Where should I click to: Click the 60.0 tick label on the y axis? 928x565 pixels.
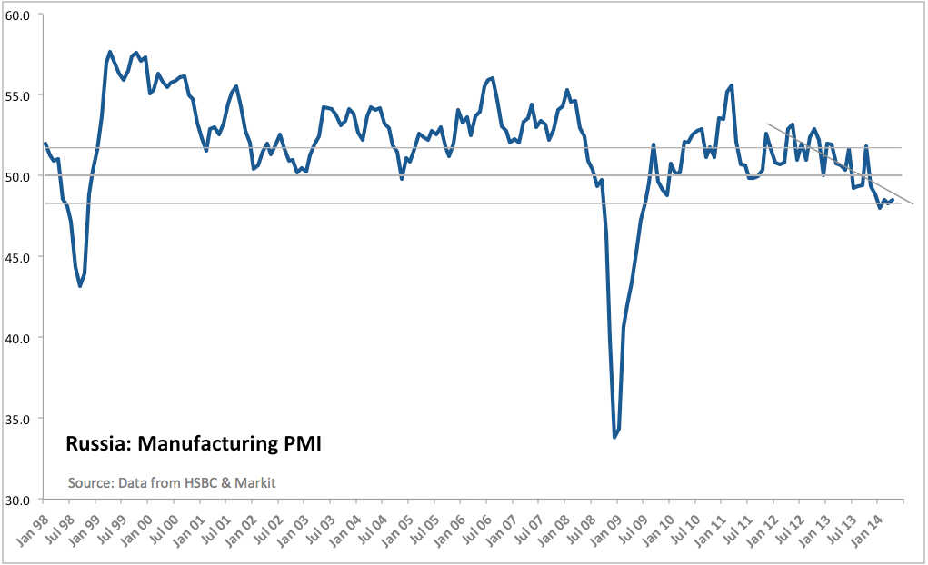point(19,15)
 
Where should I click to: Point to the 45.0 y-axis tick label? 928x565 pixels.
point(19,257)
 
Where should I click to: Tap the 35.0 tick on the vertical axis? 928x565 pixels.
point(19,419)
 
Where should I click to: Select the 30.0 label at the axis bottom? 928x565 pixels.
point(19,500)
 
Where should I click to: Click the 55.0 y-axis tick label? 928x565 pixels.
point(19,95)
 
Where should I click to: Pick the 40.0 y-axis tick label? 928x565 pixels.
point(19,338)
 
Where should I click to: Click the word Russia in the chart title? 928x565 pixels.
point(94,445)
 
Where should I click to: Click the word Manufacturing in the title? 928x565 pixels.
point(201,445)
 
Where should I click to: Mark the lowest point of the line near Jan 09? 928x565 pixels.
point(614,437)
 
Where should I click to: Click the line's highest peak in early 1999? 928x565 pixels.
point(110,52)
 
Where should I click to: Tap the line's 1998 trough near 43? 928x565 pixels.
point(80,286)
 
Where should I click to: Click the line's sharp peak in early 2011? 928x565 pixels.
point(732,85)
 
